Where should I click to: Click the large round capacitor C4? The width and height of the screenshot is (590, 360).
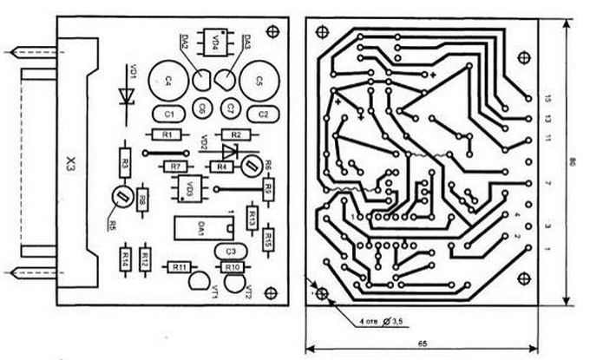point(167,80)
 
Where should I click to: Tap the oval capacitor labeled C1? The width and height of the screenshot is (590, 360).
point(169,114)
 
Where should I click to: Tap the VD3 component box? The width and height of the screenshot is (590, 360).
point(192,186)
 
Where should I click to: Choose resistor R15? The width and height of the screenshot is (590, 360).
point(268,238)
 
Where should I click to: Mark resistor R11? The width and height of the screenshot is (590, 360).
point(180,266)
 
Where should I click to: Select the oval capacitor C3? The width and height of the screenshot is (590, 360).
point(230,250)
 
